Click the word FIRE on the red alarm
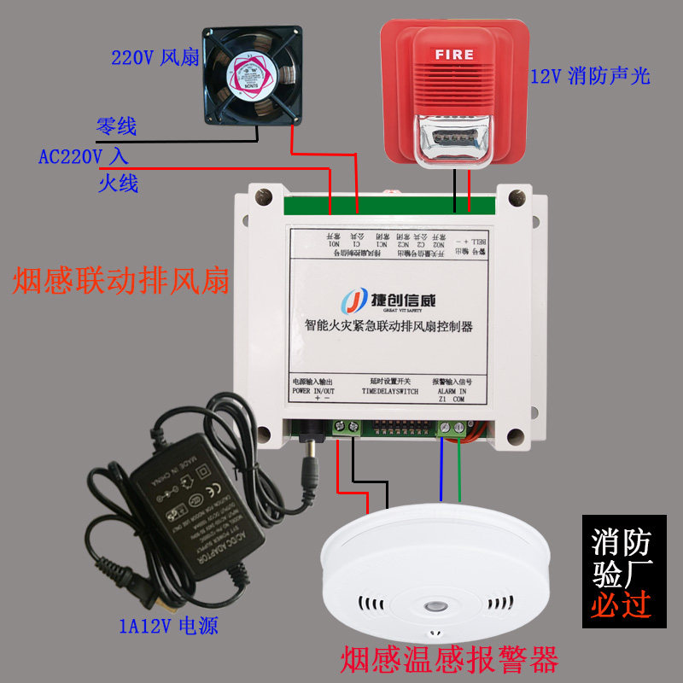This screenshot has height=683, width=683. [x=453, y=55]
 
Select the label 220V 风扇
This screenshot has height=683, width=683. [x=155, y=59]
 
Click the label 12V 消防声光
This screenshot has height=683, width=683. [x=590, y=76]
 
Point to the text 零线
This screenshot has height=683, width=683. [x=116, y=127]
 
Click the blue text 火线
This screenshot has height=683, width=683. [x=118, y=183]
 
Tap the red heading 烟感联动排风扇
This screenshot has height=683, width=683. [x=121, y=280]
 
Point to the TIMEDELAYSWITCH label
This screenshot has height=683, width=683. [x=389, y=390]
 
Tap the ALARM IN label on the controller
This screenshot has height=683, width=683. [x=452, y=390]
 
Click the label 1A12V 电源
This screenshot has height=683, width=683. [x=168, y=627]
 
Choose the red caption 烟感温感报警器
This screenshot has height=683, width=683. [x=449, y=659]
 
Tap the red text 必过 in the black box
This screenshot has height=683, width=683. [x=622, y=605]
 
